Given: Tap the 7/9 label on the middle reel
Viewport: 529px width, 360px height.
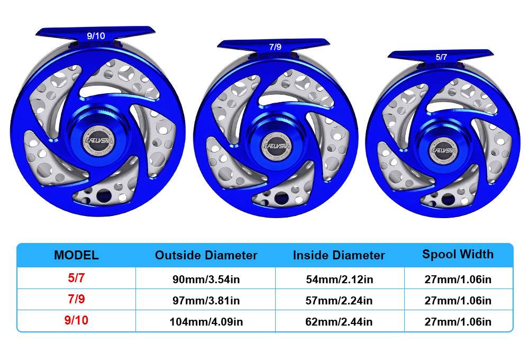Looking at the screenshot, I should [275, 47].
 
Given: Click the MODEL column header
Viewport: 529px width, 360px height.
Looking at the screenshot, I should [76, 255].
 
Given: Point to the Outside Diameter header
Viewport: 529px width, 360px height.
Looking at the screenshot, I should [206, 255].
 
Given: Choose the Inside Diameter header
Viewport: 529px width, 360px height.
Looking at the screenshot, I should [339, 255].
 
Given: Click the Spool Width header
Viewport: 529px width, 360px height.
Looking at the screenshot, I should [458, 254].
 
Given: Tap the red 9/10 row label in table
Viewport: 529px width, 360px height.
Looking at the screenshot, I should [76, 321].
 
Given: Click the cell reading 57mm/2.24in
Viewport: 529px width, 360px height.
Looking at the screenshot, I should [339, 301].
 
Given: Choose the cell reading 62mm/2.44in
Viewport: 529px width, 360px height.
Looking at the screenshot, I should [339, 322].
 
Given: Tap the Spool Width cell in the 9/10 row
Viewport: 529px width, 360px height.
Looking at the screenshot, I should [458, 322].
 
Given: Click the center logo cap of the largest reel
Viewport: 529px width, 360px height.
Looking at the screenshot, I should [94, 141].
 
